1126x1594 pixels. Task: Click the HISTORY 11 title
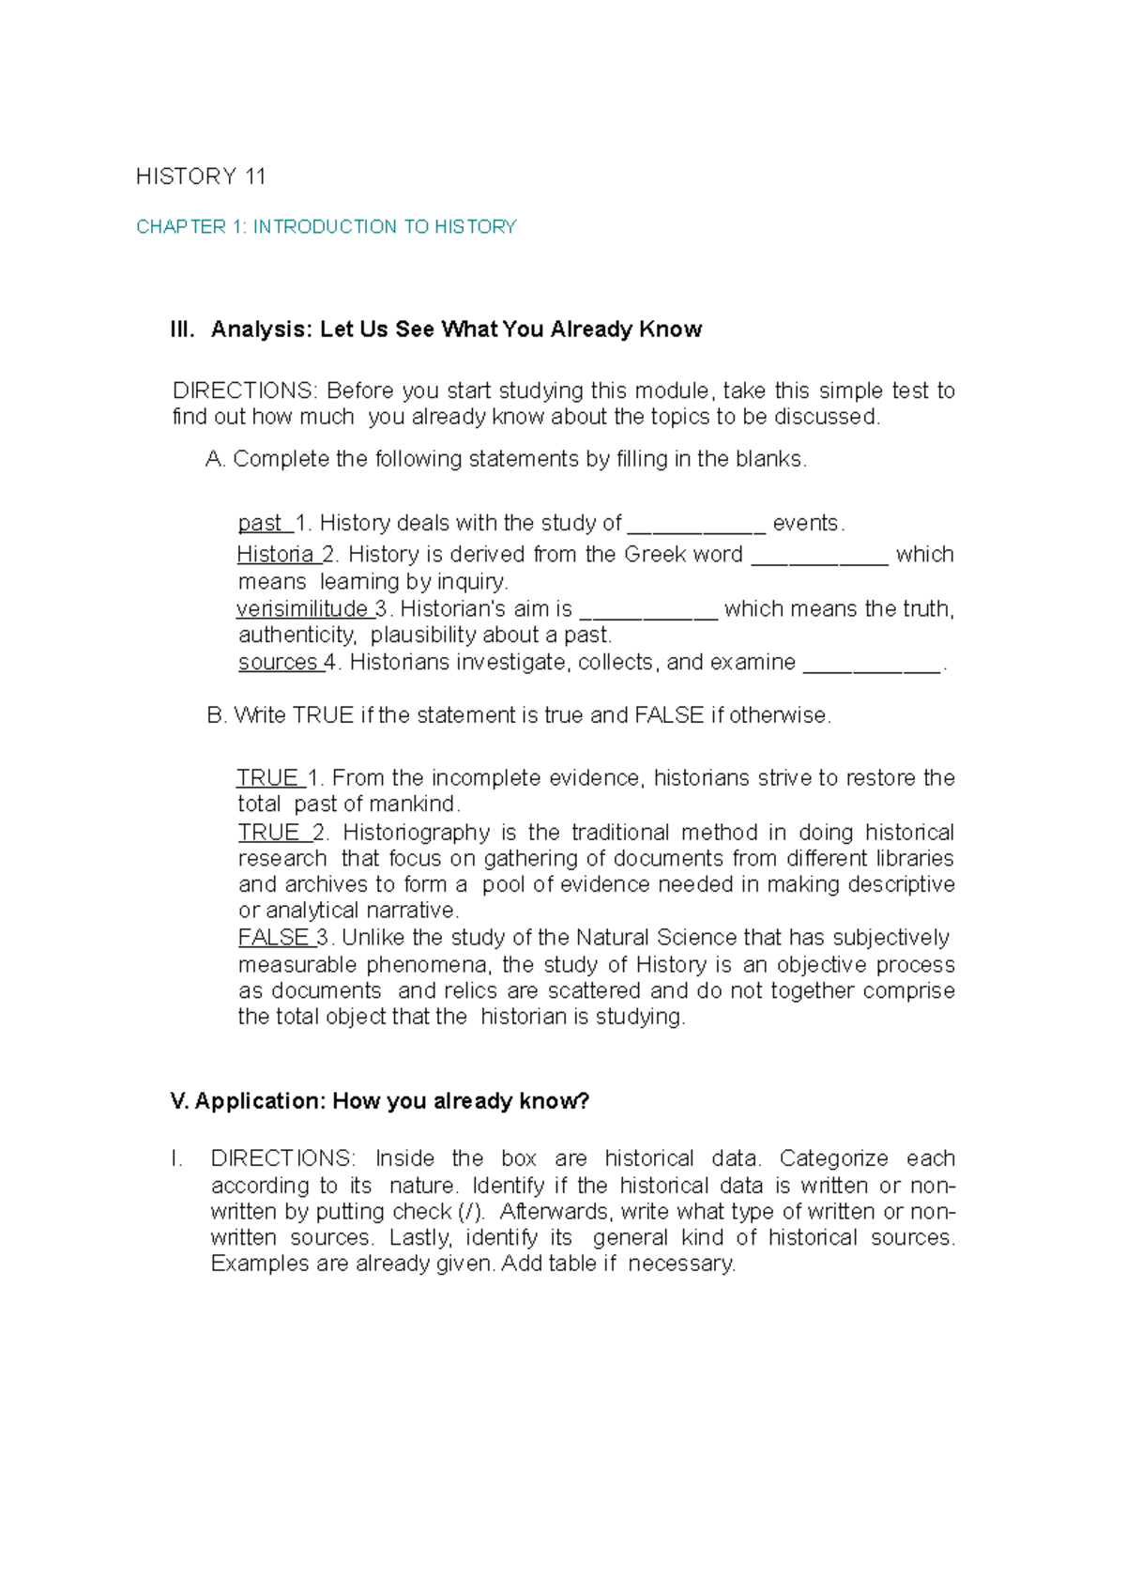click(x=201, y=176)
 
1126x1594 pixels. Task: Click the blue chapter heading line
click(x=326, y=226)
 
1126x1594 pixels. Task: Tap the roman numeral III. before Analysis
click(x=182, y=330)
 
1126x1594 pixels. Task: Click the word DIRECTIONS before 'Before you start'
click(x=245, y=391)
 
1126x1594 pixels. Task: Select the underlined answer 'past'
click(x=260, y=523)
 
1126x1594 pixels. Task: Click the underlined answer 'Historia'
click(x=275, y=554)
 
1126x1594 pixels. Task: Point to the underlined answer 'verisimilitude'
click(x=302, y=608)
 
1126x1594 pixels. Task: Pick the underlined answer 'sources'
click(x=278, y=662)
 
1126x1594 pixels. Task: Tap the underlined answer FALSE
click(x=272, y=937)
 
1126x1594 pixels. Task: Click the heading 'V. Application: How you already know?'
click(x=379, y=1101)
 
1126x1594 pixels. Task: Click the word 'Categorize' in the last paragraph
click(x=833, y=1158)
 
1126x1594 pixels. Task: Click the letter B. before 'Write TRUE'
click(x=216, y=715)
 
